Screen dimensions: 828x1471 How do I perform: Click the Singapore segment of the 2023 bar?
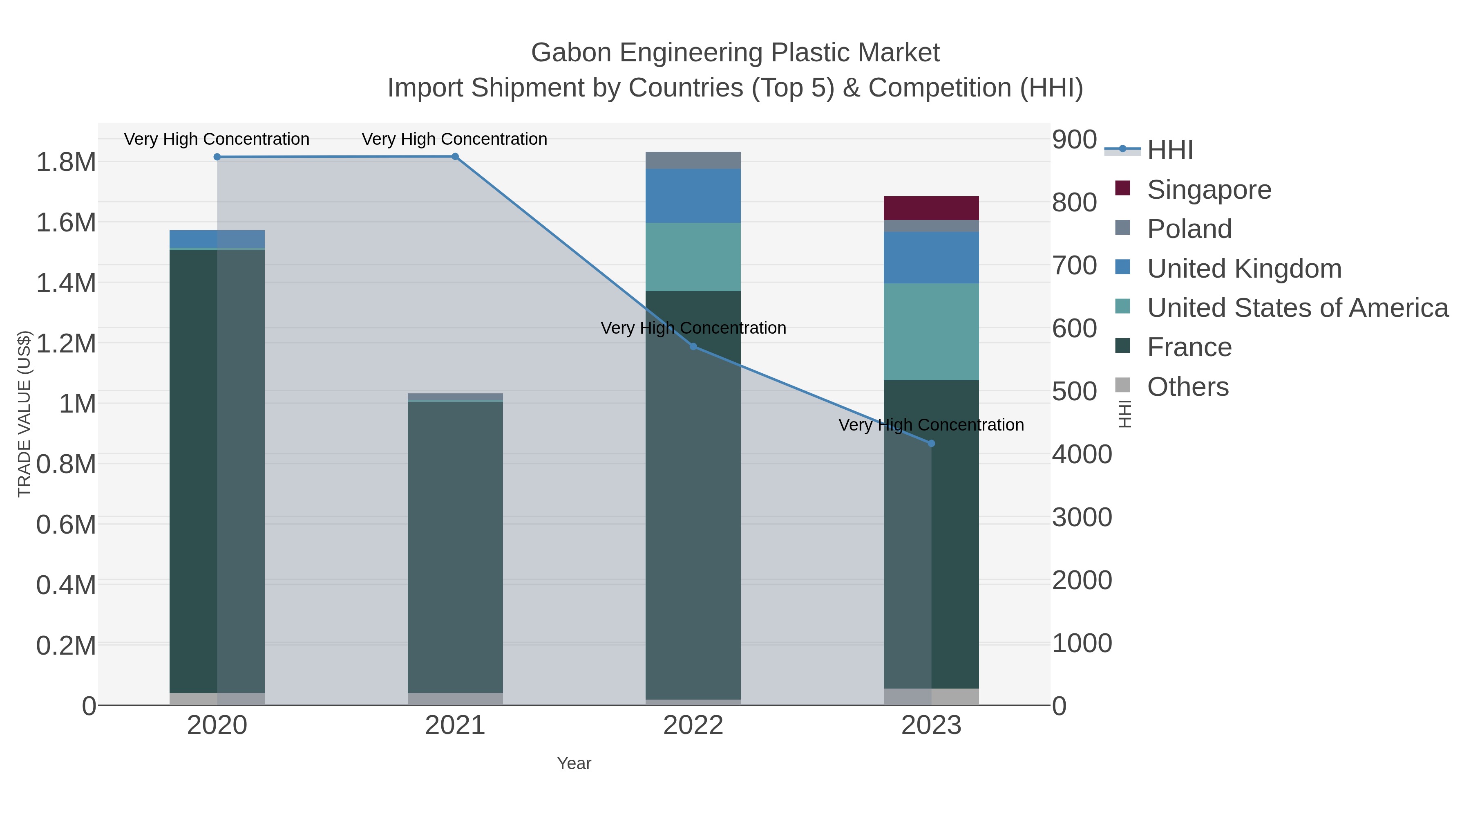tap(931, 208)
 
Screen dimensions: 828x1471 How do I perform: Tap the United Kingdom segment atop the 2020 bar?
tap(217, 239)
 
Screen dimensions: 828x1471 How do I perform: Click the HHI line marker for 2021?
tap(455, 157)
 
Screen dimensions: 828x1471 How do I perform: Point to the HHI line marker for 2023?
tap(931, 443)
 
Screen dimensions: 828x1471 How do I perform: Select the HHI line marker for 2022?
tap(693, 346)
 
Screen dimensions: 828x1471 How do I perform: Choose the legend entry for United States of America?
tap(1297, 308)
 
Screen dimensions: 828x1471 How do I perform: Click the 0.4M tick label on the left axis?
tap(66, 585)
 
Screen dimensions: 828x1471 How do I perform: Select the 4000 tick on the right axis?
tap(1082, 455)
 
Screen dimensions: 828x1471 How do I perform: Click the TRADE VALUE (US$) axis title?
tap(24, 414)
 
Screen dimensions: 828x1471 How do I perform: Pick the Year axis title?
tap(574, 763)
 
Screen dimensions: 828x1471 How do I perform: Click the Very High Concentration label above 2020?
tap(217, 139)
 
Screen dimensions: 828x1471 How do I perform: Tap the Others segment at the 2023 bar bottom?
tap(931, 697)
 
